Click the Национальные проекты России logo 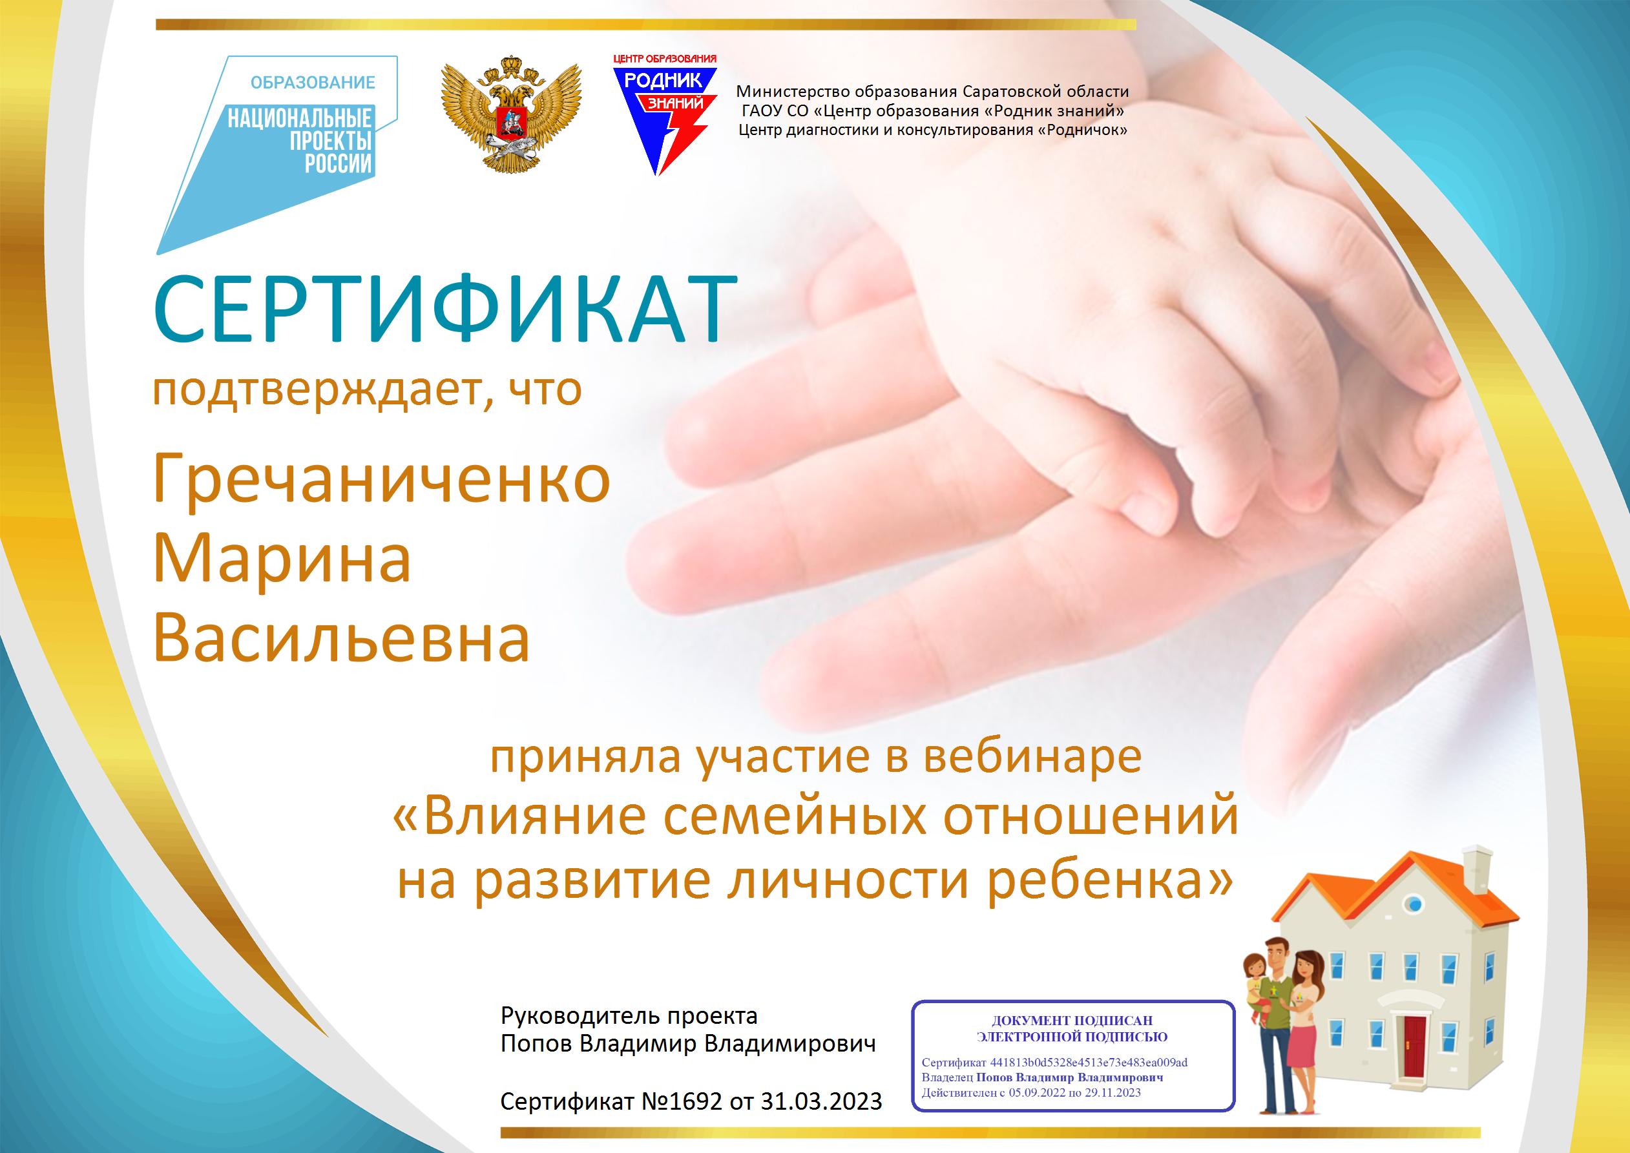277,153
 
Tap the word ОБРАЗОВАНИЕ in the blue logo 313,83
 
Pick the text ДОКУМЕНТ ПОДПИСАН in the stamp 1072,1021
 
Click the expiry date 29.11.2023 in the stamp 1108,1112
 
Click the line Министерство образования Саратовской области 932,91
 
